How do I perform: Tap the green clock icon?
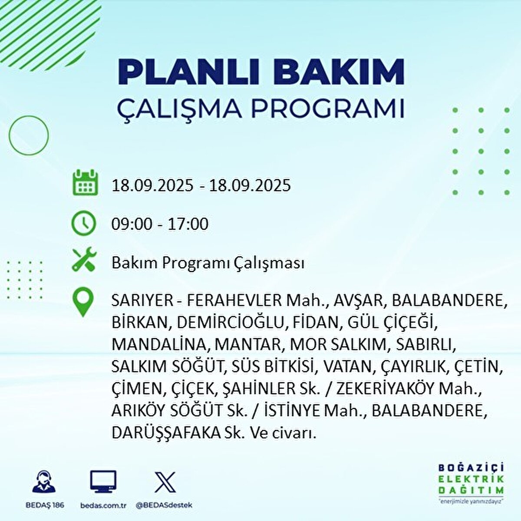[x=84, y=223]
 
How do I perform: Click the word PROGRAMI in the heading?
[x=328, y=109]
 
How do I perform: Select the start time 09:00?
[x=132, y=224]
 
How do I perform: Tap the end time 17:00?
[x=188, y=224]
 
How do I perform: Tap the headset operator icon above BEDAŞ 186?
[x=44, y=483]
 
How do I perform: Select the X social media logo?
[x=165, y=482]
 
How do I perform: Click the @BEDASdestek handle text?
[x=164, y=505]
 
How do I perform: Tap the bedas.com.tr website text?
[x=103, y=505]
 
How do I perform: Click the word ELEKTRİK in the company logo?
[x=471, y=479]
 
